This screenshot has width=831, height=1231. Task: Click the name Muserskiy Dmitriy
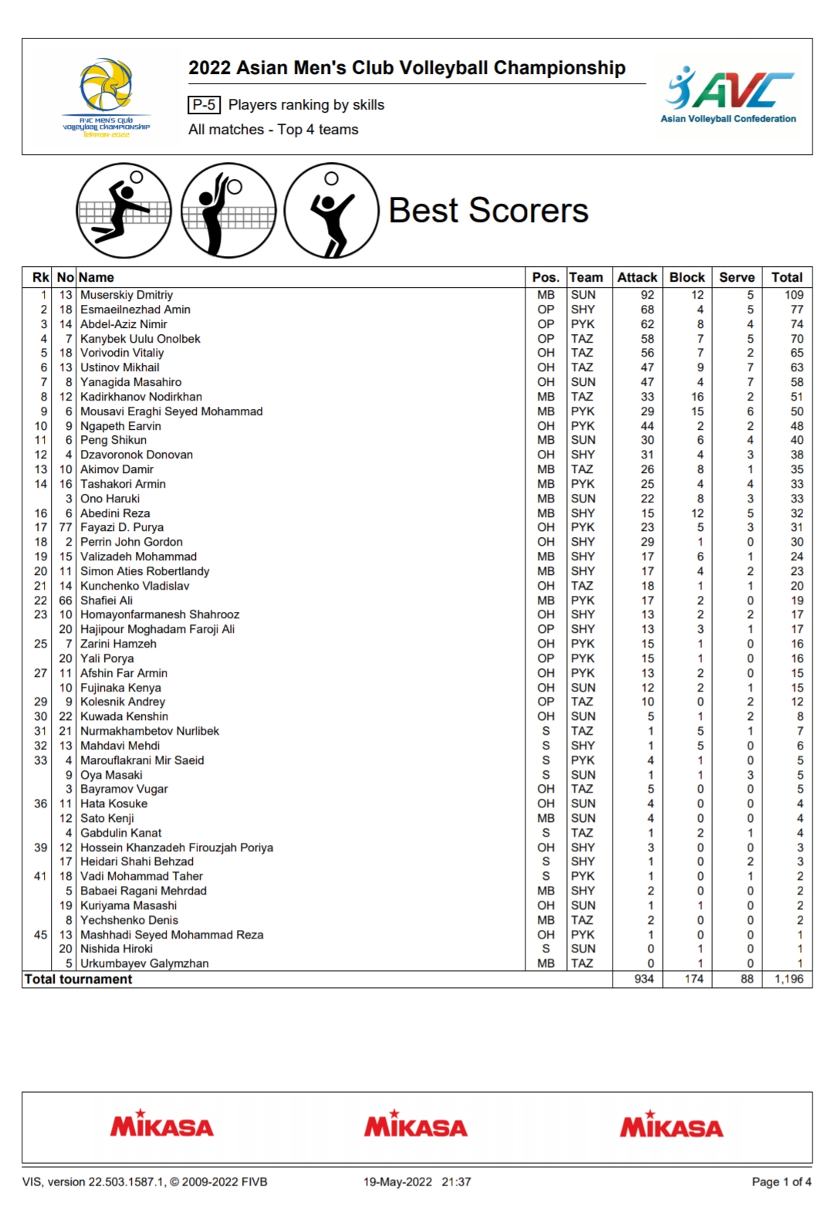click(127, 295)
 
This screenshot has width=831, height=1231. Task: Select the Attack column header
click(637, 277)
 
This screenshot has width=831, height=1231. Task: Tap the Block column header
click(687, 277)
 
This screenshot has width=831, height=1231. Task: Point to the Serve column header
click(737, 277)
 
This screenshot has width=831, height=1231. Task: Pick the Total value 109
click(794, 295)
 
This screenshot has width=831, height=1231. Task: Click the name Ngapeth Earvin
click(120, 426)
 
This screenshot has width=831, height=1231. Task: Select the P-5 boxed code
click(204, 105)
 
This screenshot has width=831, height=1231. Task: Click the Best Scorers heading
click(488, 210)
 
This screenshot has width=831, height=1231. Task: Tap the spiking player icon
click(123, 210)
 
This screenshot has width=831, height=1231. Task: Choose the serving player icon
click(331, 210)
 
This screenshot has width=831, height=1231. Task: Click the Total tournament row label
click(78, 979)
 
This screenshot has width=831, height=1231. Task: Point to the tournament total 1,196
click(789, 979)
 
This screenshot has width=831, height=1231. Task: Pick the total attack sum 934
click(644, 979)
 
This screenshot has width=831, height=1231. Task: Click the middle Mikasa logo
click(416, 1126)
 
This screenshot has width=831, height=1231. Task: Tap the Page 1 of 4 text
click(781, 1182)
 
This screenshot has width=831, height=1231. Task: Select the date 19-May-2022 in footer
click(397, 1182)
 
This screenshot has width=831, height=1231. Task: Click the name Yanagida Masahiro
click(130, 382)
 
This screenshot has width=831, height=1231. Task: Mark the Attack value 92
click(647, 295)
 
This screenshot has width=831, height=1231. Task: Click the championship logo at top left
click(106, 97)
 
